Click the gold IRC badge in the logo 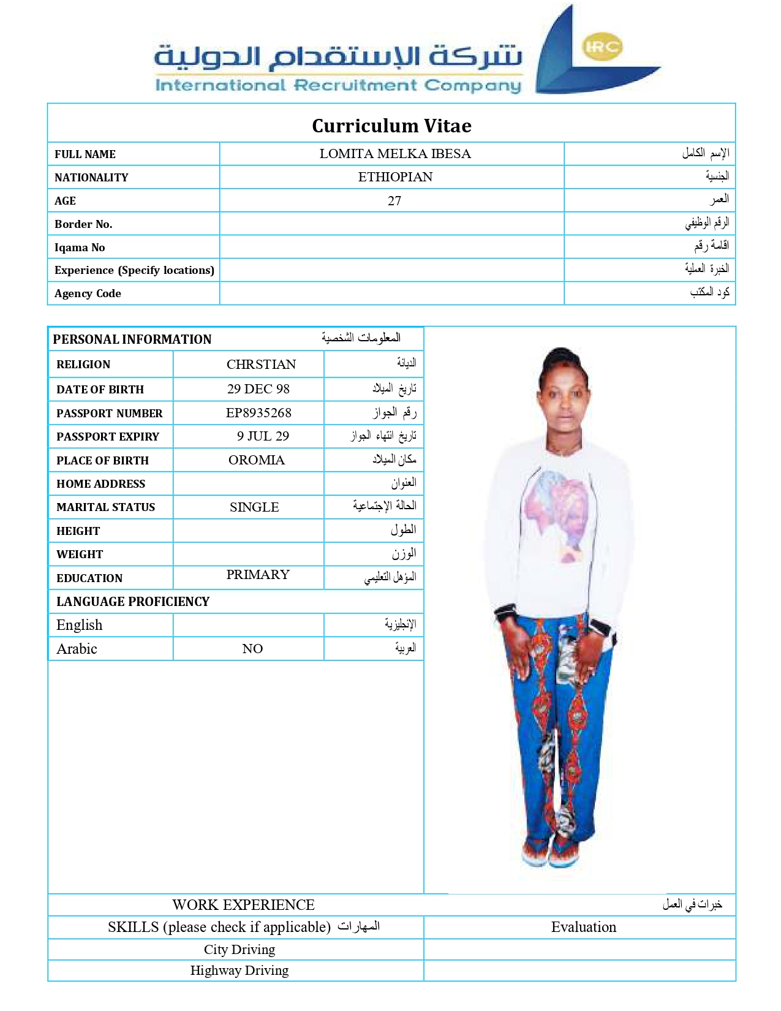[603, 47]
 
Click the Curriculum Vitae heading [391, 126]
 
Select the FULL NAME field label [85, 154]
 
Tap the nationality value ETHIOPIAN [395, 177]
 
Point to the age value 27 [394, 201]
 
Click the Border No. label [83, 224]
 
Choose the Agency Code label [88, 293]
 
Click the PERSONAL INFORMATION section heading [132, 339]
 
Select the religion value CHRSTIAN [261, 365]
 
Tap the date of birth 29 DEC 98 [258, 389]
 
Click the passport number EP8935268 [258, 413]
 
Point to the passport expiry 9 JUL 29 [263, 436]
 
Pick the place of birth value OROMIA [257, 460]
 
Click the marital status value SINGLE [254, 507]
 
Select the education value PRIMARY [258, 575]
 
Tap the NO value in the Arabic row [252, 649]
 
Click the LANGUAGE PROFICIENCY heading [133, 602]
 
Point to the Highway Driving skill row [240, 971]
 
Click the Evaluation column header [583, 927]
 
